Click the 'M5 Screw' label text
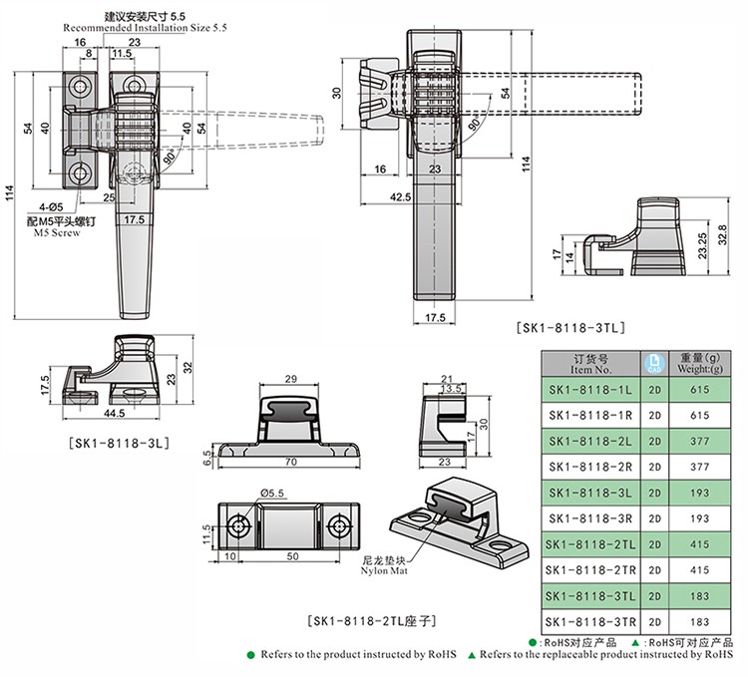pos(55,232)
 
